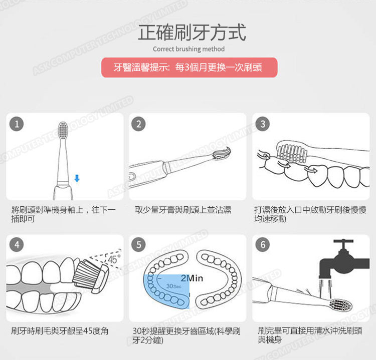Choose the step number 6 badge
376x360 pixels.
pyautogui.click(x=262, y=245)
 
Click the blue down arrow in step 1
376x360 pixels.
pyautogui.click(x=77, y=178)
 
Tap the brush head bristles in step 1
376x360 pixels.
pyautogui.click(x=64, y=131)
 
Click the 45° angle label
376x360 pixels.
pyautogui.click(x=114, y=260)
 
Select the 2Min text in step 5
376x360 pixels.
pyautogui.click(x=191, y=278)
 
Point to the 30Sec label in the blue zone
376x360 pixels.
pyautogui.click(x=173, y=286)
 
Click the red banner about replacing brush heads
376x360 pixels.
pyautogui.click(x=189, y=67)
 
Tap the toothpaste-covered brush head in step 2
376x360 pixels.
pyautogui.click(x=221, y=153)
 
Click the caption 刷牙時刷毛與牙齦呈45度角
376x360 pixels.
pyautogui.click(x=60, y=331)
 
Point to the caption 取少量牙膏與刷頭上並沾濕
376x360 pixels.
pyautogui.click(x=183, y=210)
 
